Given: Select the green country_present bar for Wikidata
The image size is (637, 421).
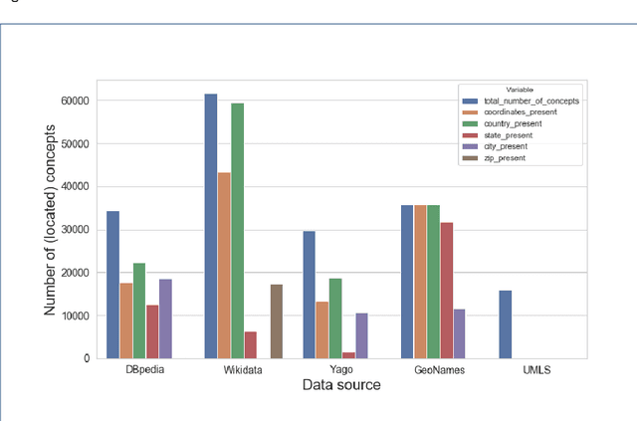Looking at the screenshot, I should tap(237, 231).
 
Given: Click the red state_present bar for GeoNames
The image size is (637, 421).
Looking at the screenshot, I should tap(447, 290).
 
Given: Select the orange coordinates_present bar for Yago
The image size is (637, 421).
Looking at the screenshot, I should tap(321, 329).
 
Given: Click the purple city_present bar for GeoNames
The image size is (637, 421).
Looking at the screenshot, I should tap(459, 333).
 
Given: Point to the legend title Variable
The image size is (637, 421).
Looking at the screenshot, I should tap(521, 90).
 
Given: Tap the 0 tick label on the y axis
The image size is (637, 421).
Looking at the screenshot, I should tap(86, 358).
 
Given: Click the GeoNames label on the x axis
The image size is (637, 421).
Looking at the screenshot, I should tap(434, 370).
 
